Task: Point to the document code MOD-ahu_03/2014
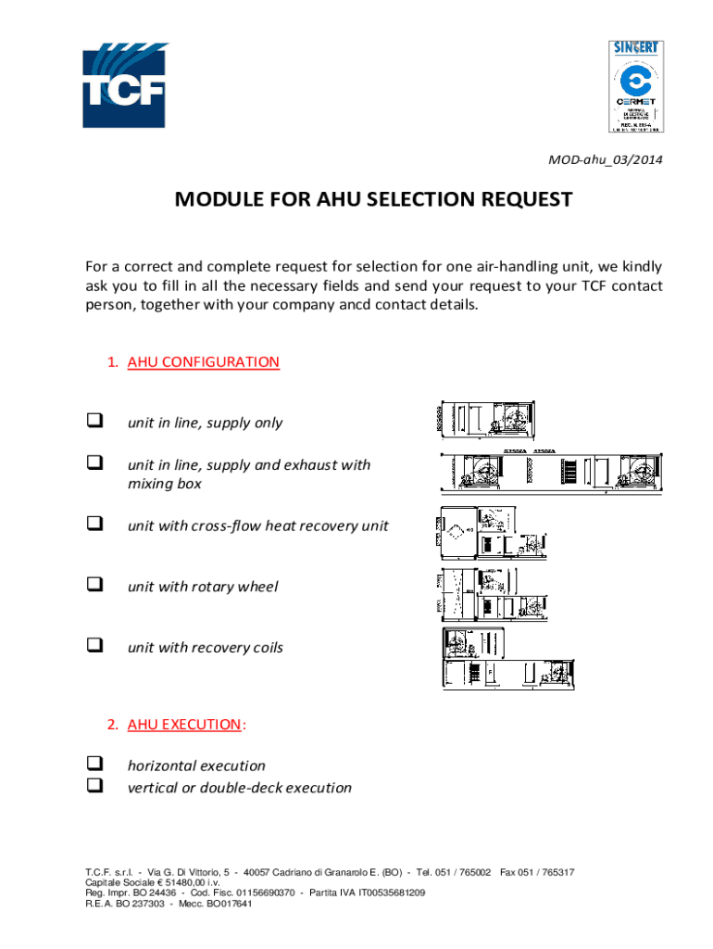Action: tap(604, 160)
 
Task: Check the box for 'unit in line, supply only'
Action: tap(94, 422)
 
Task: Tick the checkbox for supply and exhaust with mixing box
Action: tap(94, 462)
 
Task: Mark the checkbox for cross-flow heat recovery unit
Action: tap(94, 524)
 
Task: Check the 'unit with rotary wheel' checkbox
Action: tap(94, 585)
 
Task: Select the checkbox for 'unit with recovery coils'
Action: tap(94, 646)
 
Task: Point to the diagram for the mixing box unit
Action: tap(553, 473)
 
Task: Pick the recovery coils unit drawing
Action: tap(507, 659)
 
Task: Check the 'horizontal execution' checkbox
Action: tap(94, 765)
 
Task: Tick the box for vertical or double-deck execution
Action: tap(94, 786)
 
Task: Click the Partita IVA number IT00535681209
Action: tap(380, 892)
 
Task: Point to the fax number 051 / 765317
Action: tap(549, 872)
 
